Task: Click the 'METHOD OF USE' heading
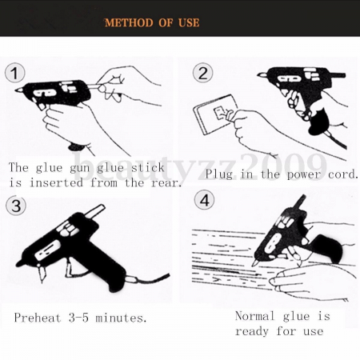tap(152, 22)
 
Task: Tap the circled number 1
tap(14, 74)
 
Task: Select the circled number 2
tap(202, 74)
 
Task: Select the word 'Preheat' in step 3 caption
tap(38, 318)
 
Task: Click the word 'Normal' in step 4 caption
tap(255, 316)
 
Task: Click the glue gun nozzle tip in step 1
tap(17, 93)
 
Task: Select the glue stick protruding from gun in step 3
tap(95, 211)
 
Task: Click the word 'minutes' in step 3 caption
tap(120, 318)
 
